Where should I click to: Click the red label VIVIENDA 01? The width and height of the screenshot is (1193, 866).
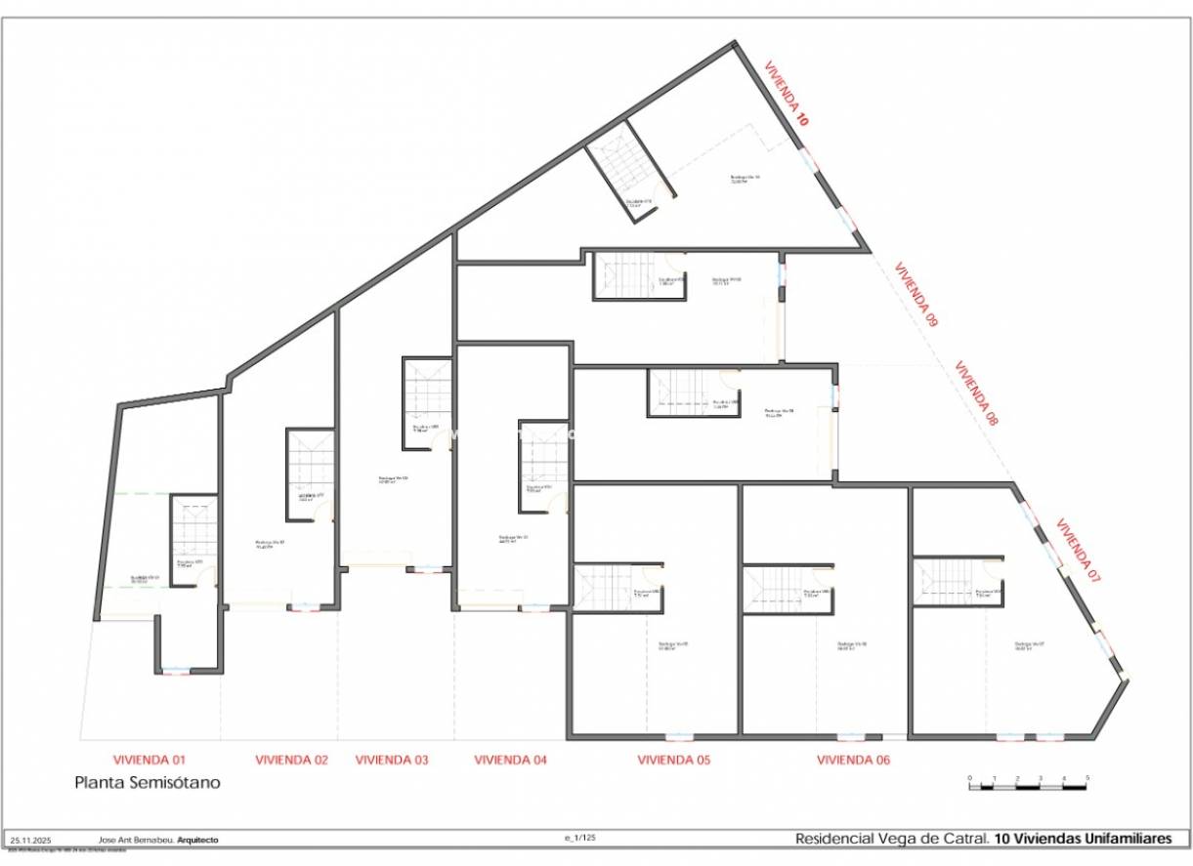149,759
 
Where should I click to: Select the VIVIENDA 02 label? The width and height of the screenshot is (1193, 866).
291,760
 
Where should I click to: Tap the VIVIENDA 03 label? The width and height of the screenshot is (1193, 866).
391,760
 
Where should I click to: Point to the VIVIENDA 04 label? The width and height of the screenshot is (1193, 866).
511,760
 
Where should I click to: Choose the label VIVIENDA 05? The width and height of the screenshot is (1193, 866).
674,760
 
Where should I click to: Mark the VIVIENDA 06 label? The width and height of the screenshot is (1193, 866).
853,760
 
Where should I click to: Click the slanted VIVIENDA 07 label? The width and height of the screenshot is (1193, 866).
1079,551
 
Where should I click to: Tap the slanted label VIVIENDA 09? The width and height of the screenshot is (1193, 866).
916,292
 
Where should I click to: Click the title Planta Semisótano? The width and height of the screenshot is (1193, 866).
148,783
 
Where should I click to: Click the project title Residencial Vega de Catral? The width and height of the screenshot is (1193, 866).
891,839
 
